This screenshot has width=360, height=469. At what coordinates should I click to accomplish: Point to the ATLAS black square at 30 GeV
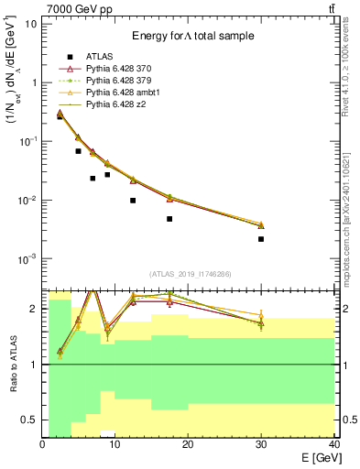click(261, 239)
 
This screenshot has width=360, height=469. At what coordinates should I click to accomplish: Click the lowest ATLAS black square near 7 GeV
click(93, 179)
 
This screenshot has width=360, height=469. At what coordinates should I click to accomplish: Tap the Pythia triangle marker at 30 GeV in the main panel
click(261, 224)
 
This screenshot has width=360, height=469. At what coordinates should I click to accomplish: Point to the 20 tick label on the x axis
click(188, 443)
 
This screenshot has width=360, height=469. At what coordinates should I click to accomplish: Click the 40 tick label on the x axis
click(333, 443)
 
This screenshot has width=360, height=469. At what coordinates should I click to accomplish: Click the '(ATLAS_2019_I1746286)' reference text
click(190, 274)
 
